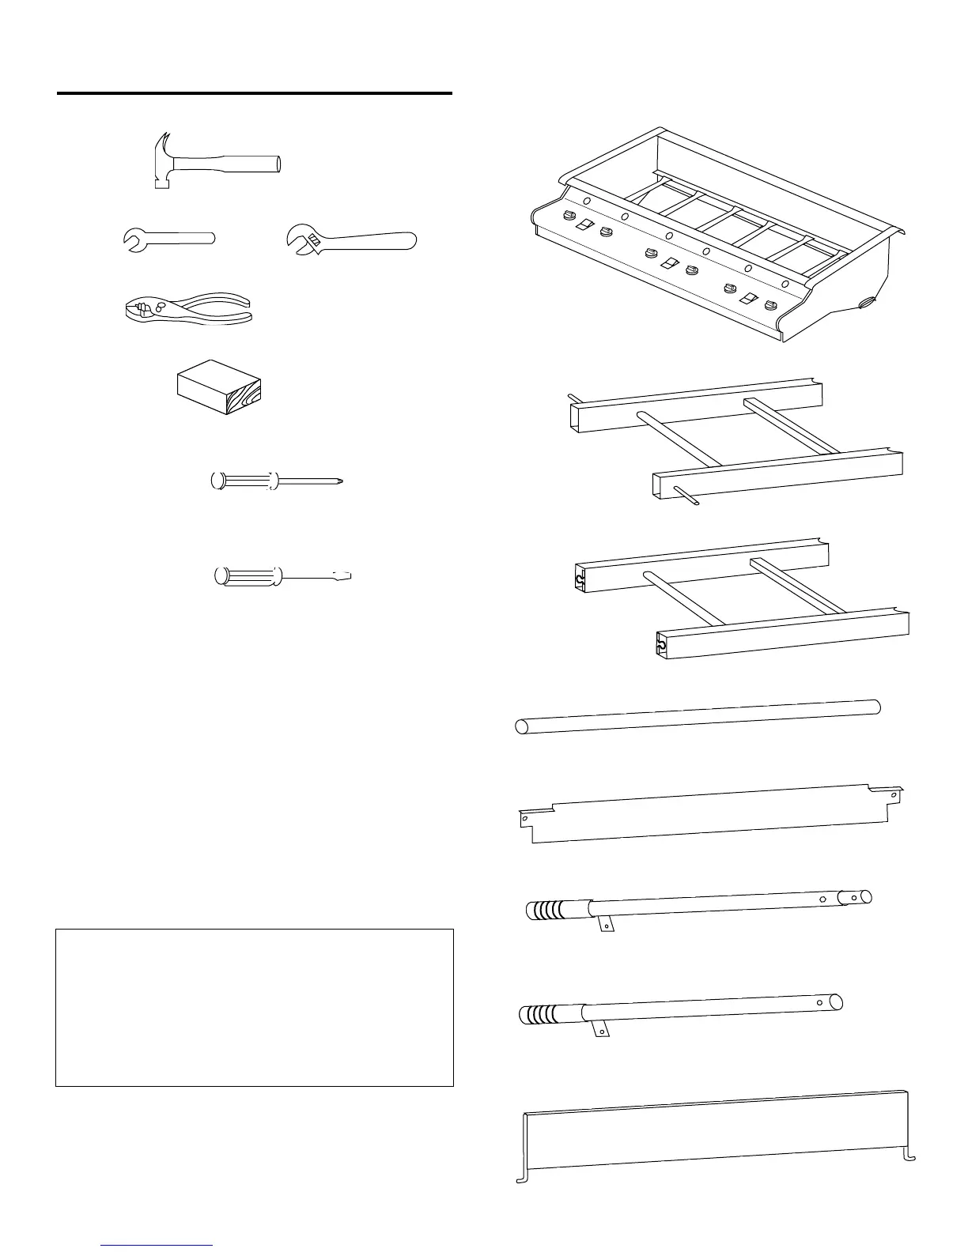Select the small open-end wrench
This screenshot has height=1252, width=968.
coord(169,239)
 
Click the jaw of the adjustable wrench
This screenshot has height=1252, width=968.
coord(301,237)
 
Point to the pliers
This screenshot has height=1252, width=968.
coord(188,308)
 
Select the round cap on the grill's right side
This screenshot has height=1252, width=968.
coord(867,301)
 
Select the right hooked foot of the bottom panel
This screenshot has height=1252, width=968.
coord(910,1159)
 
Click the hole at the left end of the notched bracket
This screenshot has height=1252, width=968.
coord(524,820)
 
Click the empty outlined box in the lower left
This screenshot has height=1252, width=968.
coord(254,1007)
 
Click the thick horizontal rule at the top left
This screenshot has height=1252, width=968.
coord(254,94)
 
